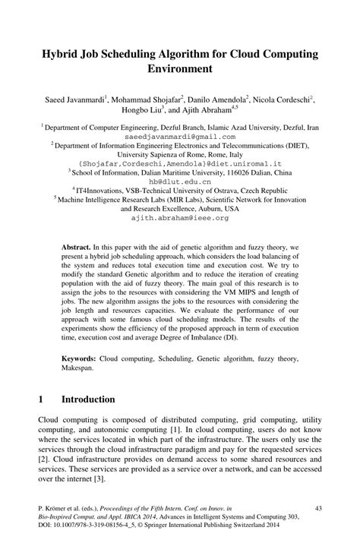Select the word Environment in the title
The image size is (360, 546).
[x=180, y=69]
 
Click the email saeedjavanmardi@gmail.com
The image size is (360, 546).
[x=180, y=136]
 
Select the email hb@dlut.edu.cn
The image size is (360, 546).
[x=180, y=181]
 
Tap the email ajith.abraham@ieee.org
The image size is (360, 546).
[x=180, y=217]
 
